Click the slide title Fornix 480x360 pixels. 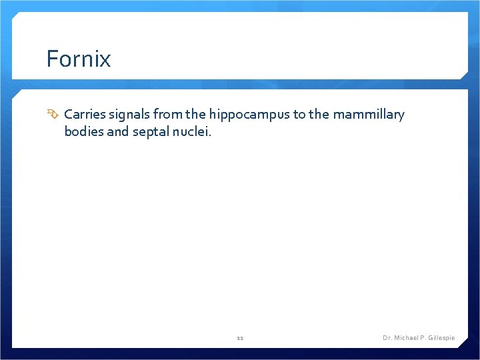pyautogui.click(x=79, y=59)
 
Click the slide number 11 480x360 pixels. pyautogui.click(x=240, y=338)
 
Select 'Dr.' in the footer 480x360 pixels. pyautogui.click(x=387, y=338)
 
